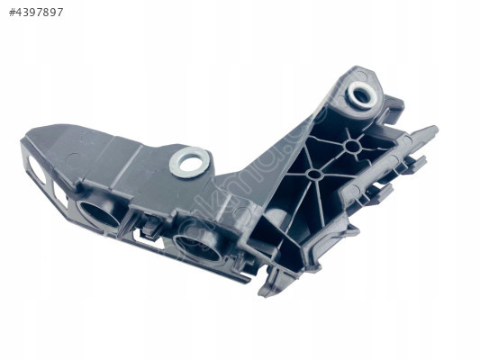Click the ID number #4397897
click(36, 13)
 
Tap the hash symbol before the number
click(12, 13)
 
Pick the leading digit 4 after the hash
click(20, 13)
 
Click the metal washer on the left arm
click(190, 162)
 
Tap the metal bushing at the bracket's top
click(363, 93)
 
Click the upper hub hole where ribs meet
click(352, 145)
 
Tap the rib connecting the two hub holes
click(333, 159)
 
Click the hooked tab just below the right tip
click(415, 163)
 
